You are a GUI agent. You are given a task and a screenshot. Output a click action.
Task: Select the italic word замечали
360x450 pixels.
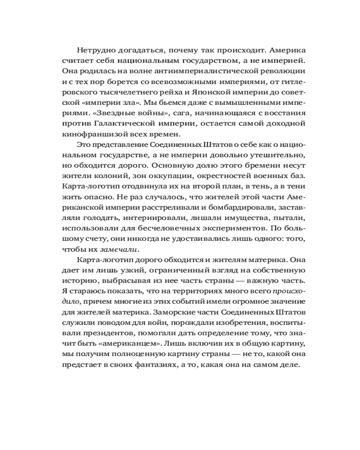tap(119, 249)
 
